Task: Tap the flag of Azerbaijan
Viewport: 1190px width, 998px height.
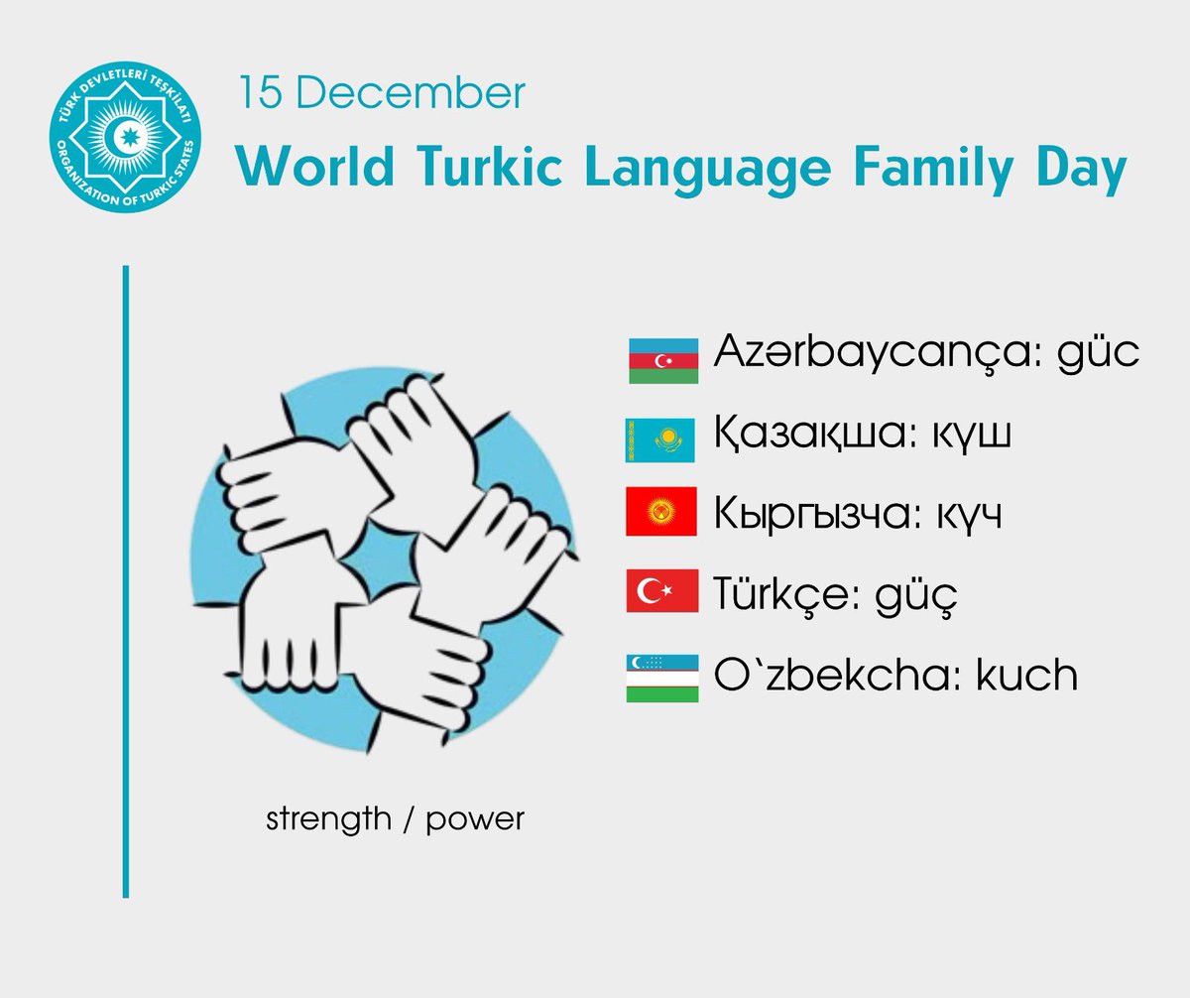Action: coord(662,360)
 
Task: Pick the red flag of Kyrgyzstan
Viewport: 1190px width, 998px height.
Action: coord(661,515)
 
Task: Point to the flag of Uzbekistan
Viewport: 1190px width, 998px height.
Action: coord(661,679)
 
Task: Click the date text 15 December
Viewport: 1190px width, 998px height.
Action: coord(381,94)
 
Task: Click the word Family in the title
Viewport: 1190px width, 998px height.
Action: coord(915,170)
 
